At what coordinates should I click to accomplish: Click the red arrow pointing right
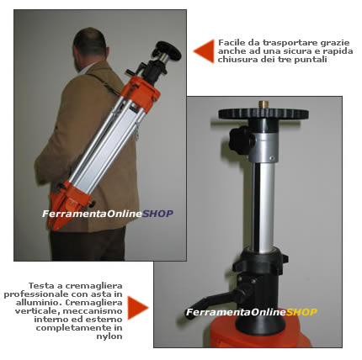pyautogui.click(x=136, y=308)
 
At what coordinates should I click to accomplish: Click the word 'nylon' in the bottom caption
pyautogui.click(x=109, y=336)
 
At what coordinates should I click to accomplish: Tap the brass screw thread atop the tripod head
pyautogui.click(x=264, y=105)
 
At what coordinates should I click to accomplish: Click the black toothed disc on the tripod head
pyautogui.click(x=264, y=115)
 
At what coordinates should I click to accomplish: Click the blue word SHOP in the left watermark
pyautogui.click(x=157, y=214)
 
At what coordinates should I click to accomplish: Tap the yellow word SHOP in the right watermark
pyautogui.click(x=301, y=312)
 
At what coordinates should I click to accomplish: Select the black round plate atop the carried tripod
pyautogui.click(x=169, y=50)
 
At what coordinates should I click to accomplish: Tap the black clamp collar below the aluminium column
pyautogui.click(x=264, y=262)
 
